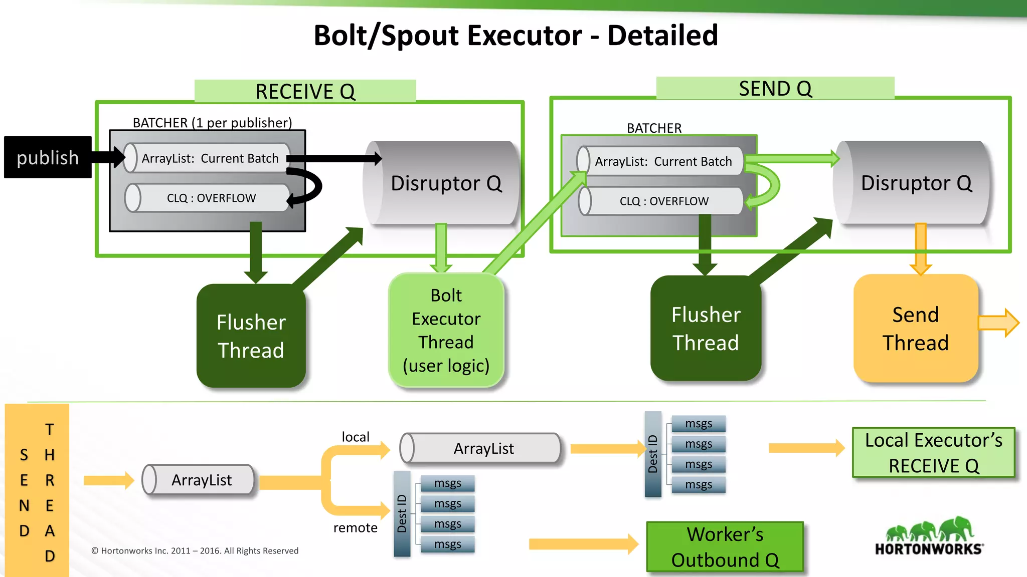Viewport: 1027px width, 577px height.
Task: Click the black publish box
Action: pos(48,157)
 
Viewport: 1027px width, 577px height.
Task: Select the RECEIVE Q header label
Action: pos(305,91)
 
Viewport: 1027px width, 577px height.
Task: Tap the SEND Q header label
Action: pos(775,88)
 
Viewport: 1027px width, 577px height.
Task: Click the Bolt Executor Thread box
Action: pos(446,330)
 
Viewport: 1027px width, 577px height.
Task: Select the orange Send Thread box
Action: pos(916,329)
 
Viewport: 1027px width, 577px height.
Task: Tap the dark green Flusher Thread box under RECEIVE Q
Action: pos(251,336)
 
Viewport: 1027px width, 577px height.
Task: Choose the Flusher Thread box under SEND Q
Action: pos(706,329)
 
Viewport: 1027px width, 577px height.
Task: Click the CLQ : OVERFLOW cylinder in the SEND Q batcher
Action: pos(663,201)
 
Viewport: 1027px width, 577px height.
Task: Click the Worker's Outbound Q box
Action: pos(725,547)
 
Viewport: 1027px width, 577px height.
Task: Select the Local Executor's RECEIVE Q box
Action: pos(933,452)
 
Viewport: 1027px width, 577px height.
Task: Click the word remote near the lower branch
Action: pos(355,527)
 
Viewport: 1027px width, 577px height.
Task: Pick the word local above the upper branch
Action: pos(355,437)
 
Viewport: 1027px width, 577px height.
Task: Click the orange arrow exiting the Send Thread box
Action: pos(998,323)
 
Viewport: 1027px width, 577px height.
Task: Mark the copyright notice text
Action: pos(195,550)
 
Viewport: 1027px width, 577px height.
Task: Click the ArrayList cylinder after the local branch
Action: pos(481,448)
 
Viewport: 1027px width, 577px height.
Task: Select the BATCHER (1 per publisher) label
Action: pos(212,123)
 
